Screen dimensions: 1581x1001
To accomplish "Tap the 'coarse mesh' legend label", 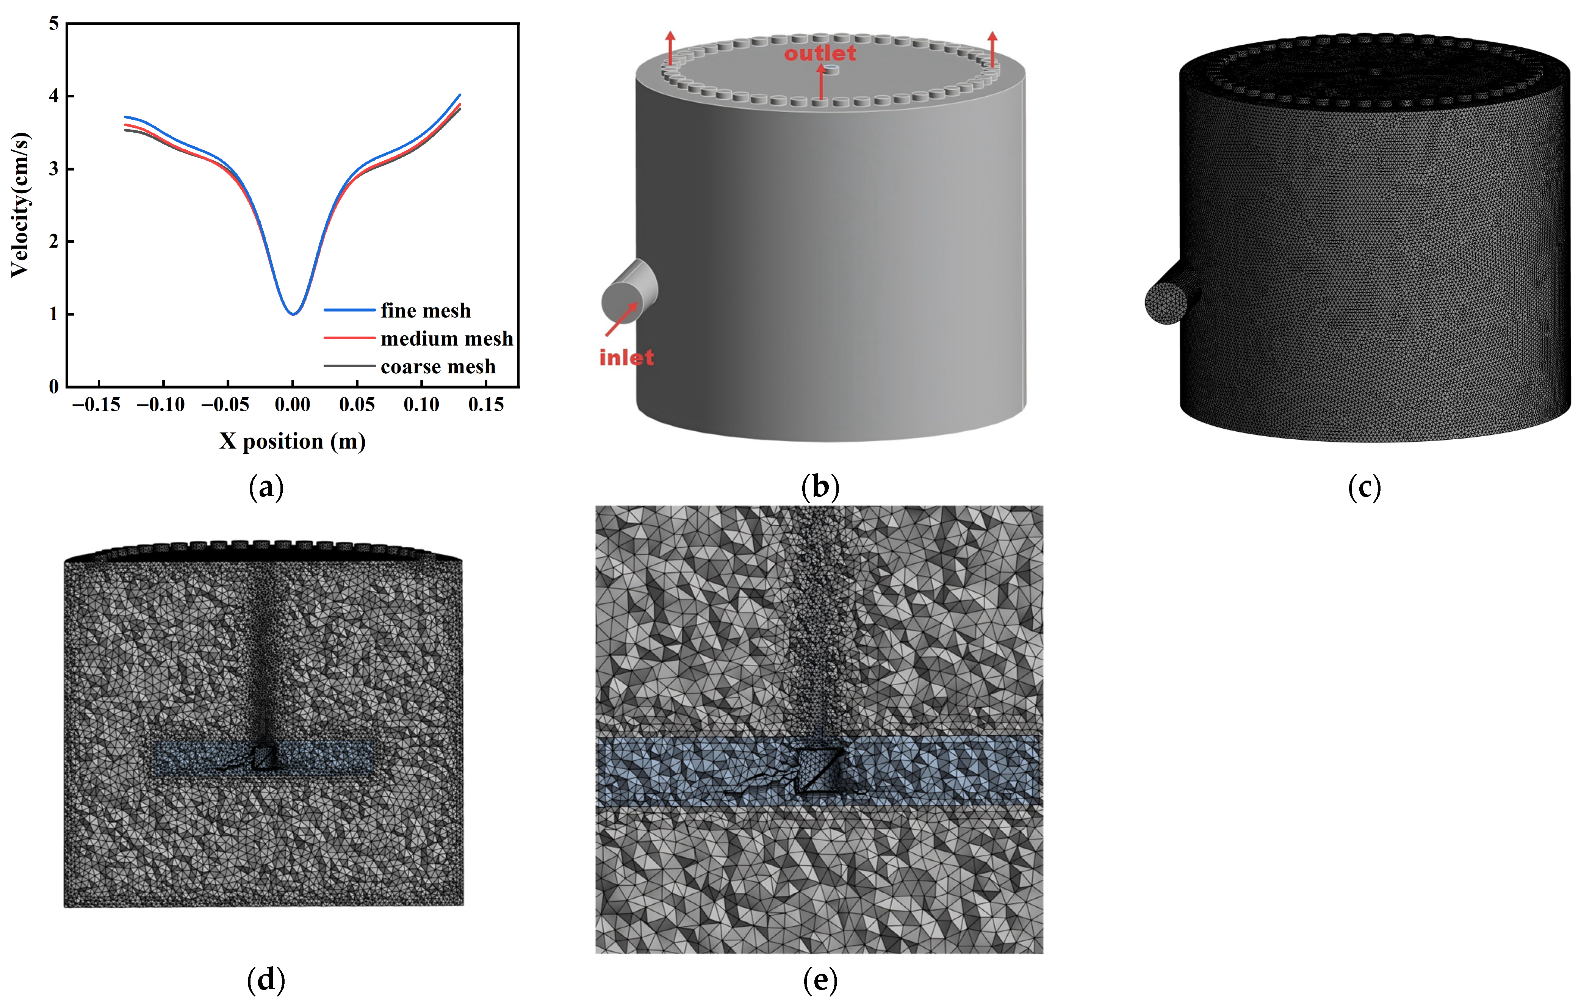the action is (x=438, y=367).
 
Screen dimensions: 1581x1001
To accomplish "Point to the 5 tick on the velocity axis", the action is (x=54, y=23).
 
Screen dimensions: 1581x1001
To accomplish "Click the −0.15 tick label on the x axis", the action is (x=97, y=404).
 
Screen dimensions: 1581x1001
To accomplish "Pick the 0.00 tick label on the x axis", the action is (x=293, y=404).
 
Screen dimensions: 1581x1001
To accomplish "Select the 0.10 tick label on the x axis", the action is (x=421, y=404).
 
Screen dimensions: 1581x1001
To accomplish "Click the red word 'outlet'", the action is (x=820, y=53).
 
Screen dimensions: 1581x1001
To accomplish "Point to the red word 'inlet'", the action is (x=626, y=358).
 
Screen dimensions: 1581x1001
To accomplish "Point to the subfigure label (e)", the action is (x=820, y=980).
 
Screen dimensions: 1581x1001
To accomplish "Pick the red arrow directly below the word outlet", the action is (x=821, y=81).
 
